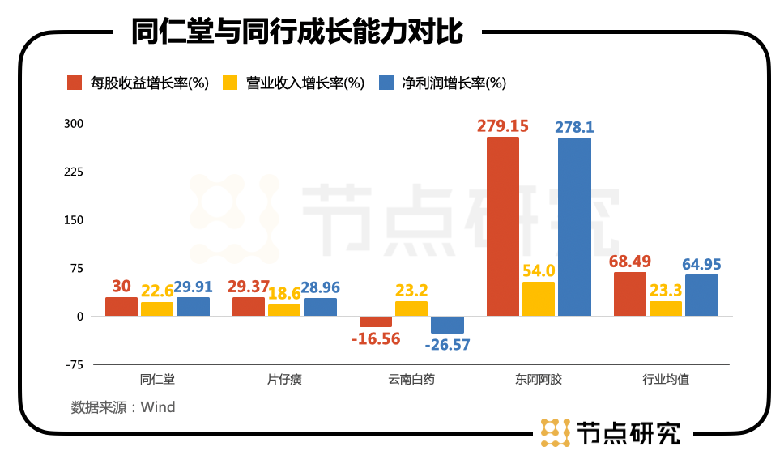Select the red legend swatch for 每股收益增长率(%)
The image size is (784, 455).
(x=75, y=83)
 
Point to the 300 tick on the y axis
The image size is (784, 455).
(x=75, y=124)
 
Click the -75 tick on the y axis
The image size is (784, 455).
(x=75, y=364)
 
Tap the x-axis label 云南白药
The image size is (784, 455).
(x=411, y=379)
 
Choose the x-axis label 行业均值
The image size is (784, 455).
(x=666, y=379)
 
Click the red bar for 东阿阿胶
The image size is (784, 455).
(x=502, y=226)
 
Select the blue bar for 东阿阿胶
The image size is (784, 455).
(x=574, y=227)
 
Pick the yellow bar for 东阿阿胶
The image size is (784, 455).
(x=539, y=299)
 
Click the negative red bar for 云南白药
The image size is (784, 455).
(x=376, y=321)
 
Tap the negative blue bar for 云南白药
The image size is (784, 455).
(x=447, y=325)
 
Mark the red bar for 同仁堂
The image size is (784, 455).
(x=121, y=306)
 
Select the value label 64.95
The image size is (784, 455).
(x=701, y=264)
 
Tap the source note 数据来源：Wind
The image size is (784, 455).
(x=123, y=406)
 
